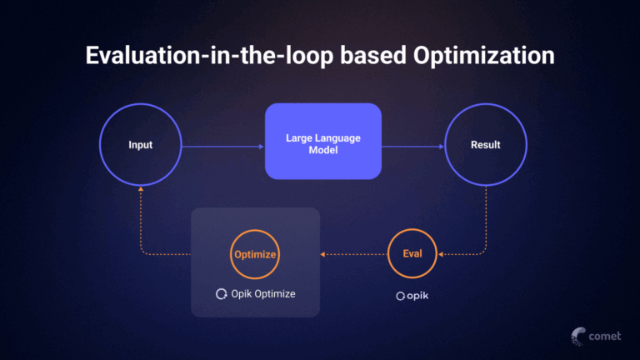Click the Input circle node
coord(140,145)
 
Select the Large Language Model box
coord(323,142)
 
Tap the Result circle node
coord(485,145)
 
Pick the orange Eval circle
coord(412,254)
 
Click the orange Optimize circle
coord(254,254)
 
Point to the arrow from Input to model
coord(222,146)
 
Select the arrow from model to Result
coord(412,146)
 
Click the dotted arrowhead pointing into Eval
coord(442,254)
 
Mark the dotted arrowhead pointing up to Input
coord(140,191)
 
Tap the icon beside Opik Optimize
coord(221,294)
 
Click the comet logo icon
coord(578,335)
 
